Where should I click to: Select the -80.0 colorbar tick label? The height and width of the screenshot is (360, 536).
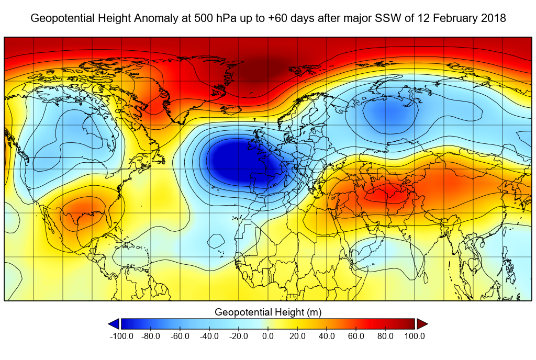click(151, 336)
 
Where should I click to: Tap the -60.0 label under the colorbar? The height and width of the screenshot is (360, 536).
click(180, 336)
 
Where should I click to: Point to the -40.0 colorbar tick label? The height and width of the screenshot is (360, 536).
click(209, 336)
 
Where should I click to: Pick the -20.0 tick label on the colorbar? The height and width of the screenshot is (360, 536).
click(239, 336)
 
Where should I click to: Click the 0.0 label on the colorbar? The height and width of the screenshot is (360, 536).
click(268, 336)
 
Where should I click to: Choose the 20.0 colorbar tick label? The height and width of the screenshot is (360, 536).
click(297, 336)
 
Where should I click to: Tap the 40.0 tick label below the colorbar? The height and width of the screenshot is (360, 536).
click(327, 336)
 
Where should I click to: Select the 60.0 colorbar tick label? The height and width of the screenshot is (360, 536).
click(356, 336)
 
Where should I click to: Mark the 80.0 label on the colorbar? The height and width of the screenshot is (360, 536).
click(385, 336)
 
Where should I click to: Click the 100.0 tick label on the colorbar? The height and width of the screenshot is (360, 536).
click(414, 336)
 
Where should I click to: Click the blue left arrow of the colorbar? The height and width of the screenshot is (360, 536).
click(113, 324)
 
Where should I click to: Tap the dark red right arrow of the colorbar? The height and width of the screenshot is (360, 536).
click(422, 324)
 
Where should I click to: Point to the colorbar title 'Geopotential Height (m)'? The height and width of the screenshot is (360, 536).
click(268, 312)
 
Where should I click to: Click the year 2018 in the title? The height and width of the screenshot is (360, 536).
click(495, 18)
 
